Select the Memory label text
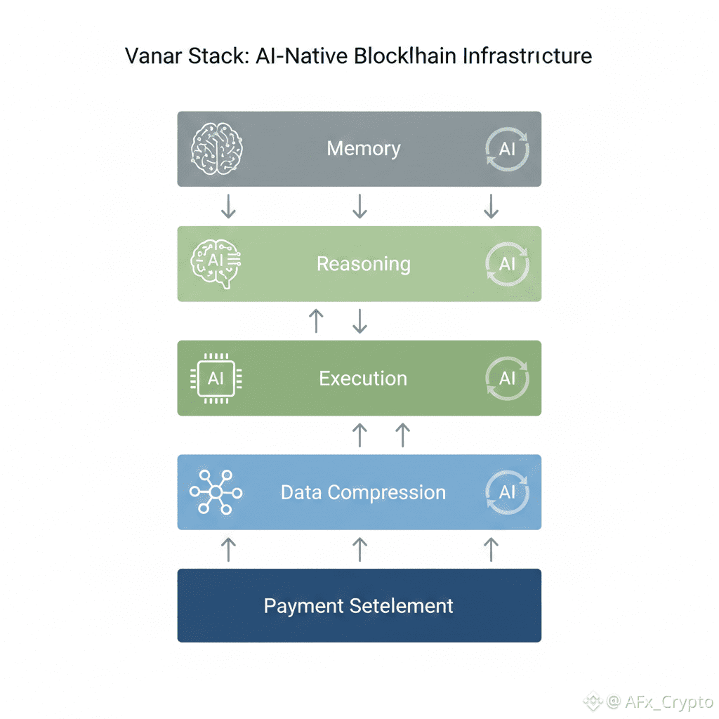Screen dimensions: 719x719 tap(364, 149)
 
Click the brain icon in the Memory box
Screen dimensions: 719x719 tap(217, 149)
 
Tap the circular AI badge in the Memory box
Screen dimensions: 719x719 tap(507, 150)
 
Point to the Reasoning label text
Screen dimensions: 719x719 tap(363, 264)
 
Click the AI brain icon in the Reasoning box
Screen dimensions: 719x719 tap(216, 264)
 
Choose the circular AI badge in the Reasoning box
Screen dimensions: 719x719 tap(507, 264)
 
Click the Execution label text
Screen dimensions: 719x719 tap(363, 378)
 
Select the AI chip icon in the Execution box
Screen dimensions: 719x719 tap(216, 378)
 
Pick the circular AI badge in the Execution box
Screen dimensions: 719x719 tap(507, 378)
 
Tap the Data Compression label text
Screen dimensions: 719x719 tap(363, 492)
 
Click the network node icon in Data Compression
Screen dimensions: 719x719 tap(216, 492)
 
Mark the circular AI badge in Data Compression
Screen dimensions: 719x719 tap(507, 492)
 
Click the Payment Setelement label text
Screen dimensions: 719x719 tap(359, 606)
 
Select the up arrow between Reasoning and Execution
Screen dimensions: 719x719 tap(317, 321)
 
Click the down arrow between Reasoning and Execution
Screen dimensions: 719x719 tap(359, 321)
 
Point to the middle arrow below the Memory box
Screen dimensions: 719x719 tap(359, 206)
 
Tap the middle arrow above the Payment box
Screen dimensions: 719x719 tap(359, 549)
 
